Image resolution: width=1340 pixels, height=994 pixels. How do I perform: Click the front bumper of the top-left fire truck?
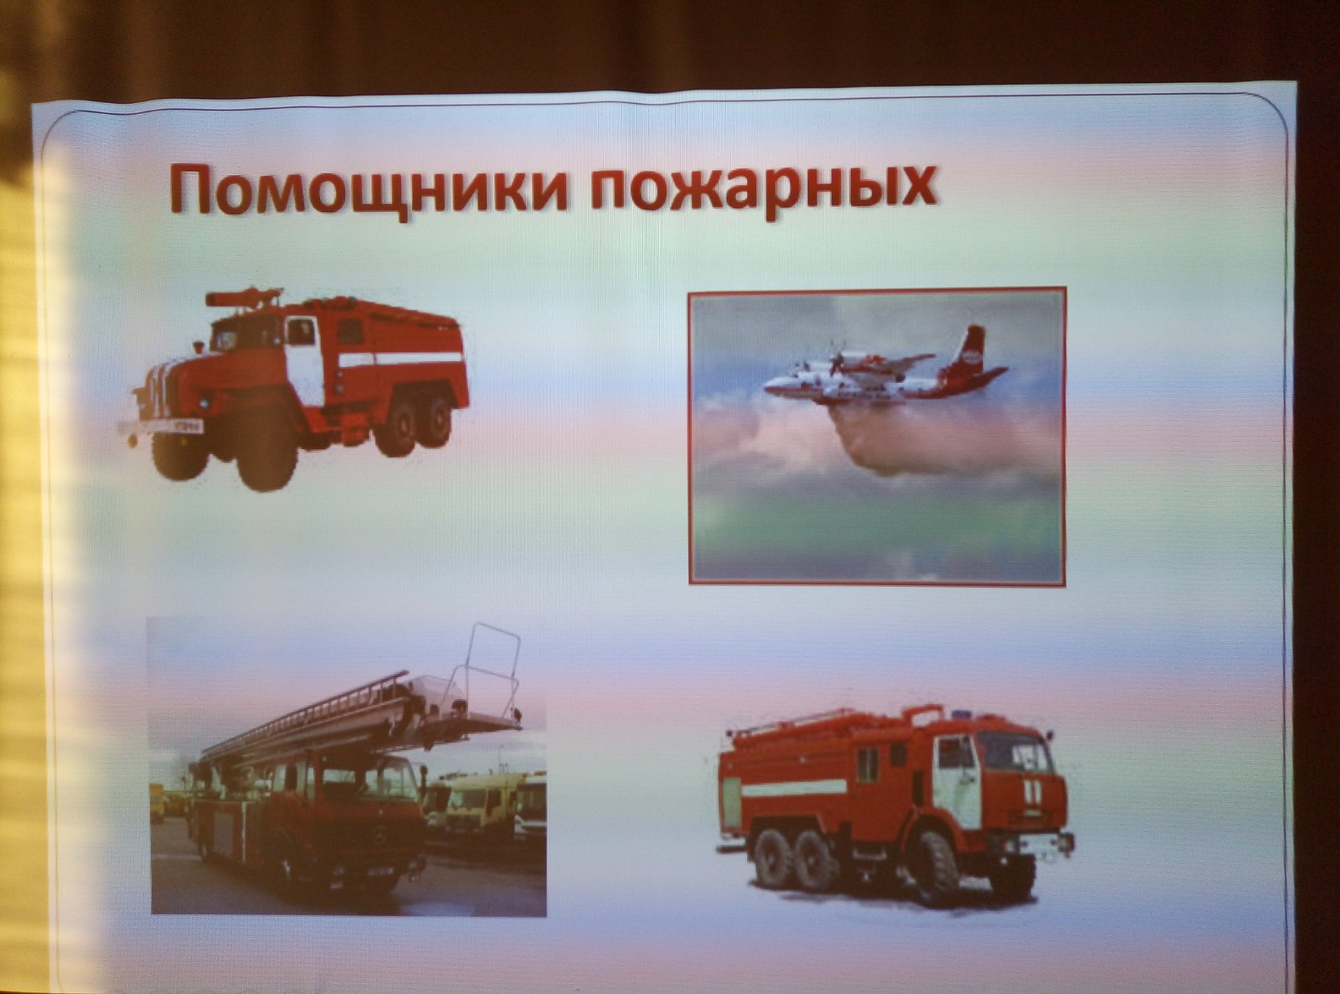point(160,427)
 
